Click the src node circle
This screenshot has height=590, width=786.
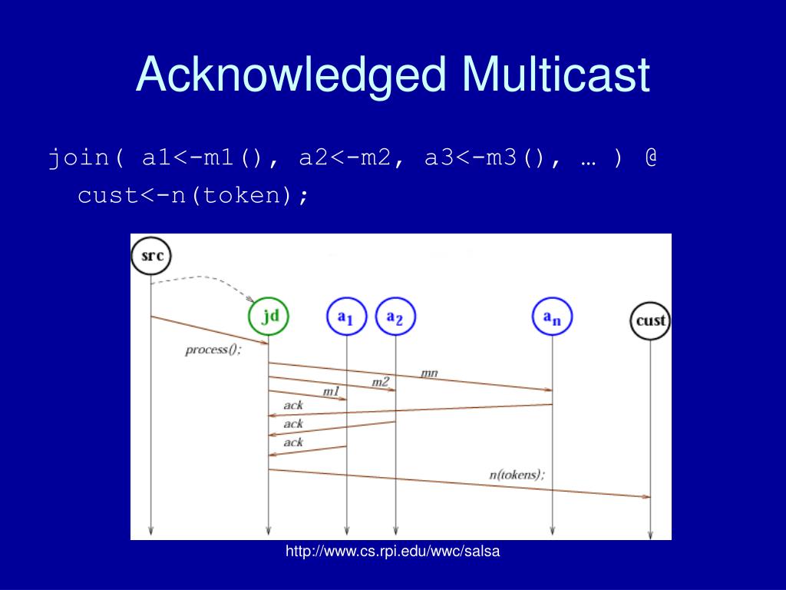[150, 255]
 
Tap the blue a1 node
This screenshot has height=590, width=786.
[347, 317]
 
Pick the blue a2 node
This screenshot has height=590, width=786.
[395, 317]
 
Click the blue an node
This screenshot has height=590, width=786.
[553, 317]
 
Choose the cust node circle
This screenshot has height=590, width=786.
[650, 320]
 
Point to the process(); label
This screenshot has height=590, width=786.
[213, 350]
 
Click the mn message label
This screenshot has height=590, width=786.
[429, 373]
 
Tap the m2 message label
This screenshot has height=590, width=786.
[381, 382]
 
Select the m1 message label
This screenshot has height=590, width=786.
[331, 392]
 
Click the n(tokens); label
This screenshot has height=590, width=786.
[517, 474]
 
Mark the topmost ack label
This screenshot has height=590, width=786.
[293, 405]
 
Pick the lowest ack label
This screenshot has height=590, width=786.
[293, 442]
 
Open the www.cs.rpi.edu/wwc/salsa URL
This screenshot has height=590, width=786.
[393, 551]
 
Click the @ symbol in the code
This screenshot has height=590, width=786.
[651, 158]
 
